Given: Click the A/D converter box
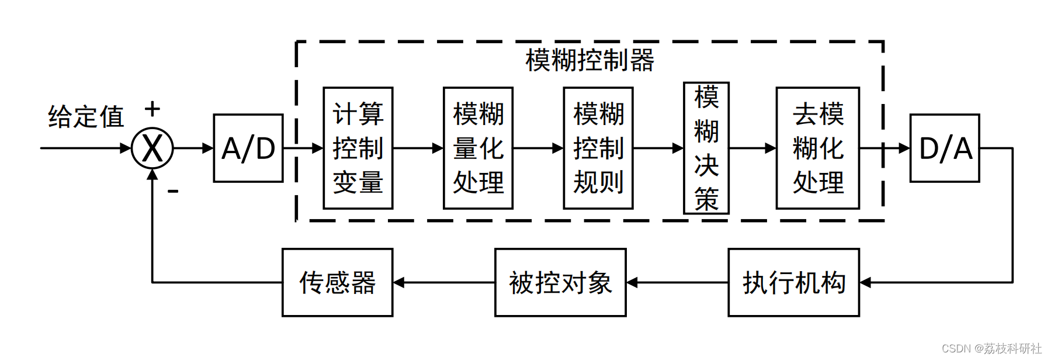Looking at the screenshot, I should tap(248, 148).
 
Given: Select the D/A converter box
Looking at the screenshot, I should tap(944, 148).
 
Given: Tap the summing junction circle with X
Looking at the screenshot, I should tap(152, 148).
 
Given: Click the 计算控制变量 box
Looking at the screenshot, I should tap(358, 148).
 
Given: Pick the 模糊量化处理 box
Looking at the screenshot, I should tap(478, 148).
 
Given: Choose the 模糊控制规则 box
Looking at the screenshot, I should tap(598, 148).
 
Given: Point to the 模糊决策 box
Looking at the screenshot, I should tap(706, 148).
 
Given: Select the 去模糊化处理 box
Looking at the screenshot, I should tap(817, 148).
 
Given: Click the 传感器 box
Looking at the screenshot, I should tap(337, 283).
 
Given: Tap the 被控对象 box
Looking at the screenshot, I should tap(560, 283).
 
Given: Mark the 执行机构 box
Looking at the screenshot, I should tap(793, 283).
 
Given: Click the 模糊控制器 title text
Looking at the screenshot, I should tap(589, 60).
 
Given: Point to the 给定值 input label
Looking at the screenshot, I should tap(86, 116).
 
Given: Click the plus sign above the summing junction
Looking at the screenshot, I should tap(152, 109).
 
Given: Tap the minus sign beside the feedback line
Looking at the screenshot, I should tap(173, 191).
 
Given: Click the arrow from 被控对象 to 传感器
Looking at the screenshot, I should tap(443, 283).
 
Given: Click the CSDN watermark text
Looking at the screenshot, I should tap(991, 348).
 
